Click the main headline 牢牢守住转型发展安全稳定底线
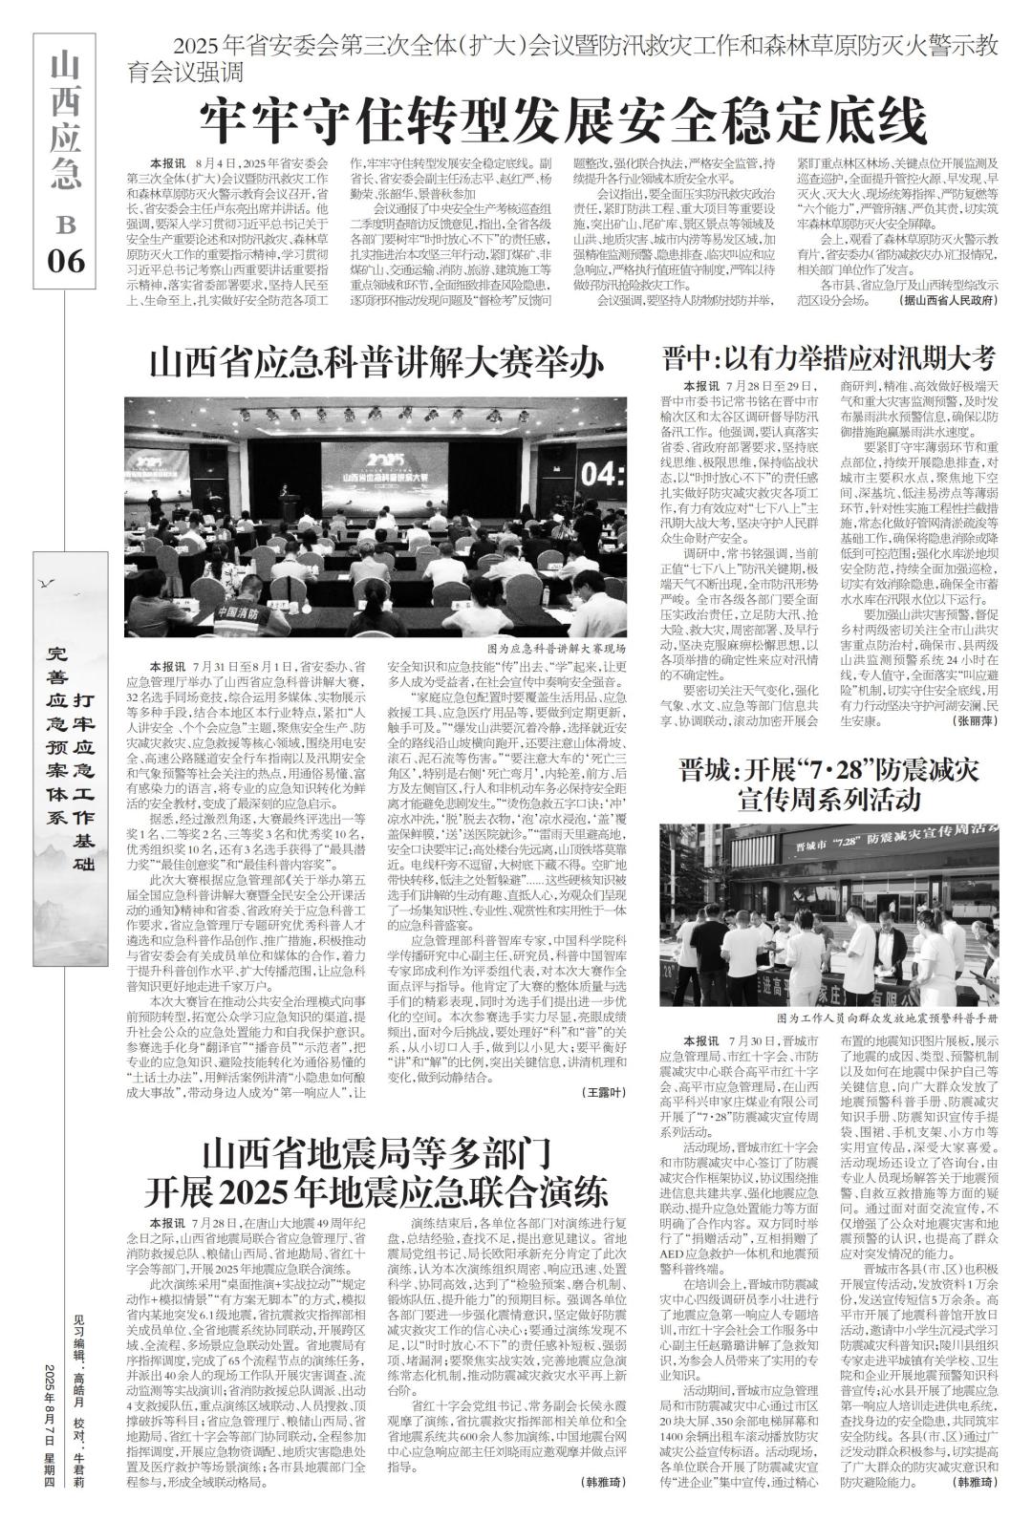coord(563,121)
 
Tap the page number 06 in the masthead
coord(67,259)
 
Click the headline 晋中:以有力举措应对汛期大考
coord(829,359)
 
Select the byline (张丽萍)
coord(974,720)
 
